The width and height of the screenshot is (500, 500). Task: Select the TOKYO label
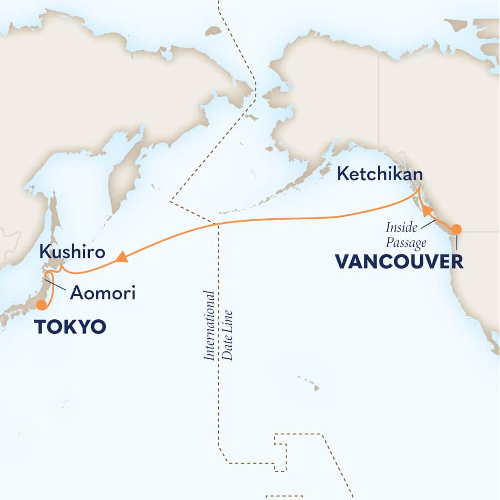[x=70, y=327]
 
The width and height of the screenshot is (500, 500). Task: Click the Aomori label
[x=102, y=293]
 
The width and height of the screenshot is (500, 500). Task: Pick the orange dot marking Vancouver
[x=456, y=229]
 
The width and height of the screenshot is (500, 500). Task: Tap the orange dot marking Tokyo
[x=42, y=305]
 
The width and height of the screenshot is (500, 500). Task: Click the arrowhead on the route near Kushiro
[x=122, y=257]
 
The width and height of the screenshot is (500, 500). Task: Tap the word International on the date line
[x=209, y=326]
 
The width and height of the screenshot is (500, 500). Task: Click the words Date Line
[x=228, y=334]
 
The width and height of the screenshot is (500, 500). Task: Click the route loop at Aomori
[x=46, y=280]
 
